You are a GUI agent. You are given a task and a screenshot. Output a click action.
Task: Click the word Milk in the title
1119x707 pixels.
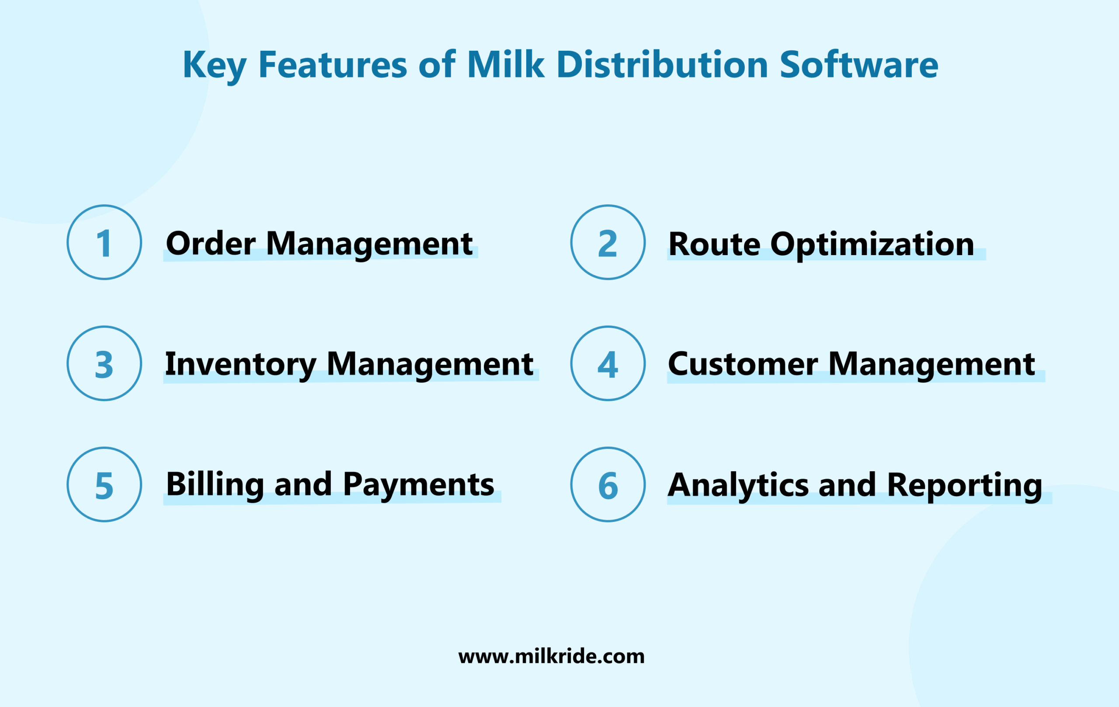pos(505,65)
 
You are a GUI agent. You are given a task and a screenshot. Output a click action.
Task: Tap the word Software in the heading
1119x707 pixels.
pos(859,65)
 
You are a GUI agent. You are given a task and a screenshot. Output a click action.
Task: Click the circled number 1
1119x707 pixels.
pos(104,242)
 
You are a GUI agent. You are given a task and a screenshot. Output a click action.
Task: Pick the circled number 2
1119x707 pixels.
pos(608,242)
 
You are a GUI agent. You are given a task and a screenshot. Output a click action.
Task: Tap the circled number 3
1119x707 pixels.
pos(104,363)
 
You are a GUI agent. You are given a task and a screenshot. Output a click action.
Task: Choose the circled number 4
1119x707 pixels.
pos(608,363)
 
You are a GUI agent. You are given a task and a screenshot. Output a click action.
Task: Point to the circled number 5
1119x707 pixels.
pos(104,484)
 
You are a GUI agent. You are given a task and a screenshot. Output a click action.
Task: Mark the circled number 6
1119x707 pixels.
pos(608,484)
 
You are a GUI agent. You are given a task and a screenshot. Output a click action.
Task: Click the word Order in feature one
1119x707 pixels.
pos(211,243)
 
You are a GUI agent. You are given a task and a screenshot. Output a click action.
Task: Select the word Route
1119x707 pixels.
pos(714,244)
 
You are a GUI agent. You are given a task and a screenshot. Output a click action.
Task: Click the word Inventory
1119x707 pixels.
pos(241,364)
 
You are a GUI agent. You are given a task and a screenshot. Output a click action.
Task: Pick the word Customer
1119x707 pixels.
pos(743,364)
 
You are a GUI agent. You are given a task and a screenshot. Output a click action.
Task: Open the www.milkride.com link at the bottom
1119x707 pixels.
pos(551,656)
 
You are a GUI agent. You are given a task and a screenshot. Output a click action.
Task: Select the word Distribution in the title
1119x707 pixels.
pos(662,65)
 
